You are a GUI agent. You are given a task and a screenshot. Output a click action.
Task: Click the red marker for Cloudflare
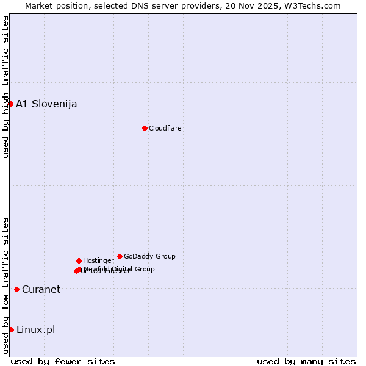[145, 128]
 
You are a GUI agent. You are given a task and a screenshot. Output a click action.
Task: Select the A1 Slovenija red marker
[10, 104]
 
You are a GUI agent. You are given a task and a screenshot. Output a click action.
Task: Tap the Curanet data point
[16, 289]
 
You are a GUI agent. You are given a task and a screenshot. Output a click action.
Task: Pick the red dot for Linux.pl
[11, 329]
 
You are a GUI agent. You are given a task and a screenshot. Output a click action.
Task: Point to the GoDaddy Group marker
[120, 256]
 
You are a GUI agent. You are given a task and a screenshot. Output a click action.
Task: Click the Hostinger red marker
[79, 260]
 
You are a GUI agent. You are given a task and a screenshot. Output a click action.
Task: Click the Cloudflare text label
[165, 128]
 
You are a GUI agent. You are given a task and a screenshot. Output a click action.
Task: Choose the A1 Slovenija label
[46, 104]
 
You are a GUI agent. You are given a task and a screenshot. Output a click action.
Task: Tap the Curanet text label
[41, 289]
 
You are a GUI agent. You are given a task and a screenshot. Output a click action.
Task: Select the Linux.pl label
[35, 330]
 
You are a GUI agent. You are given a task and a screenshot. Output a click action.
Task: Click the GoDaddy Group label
[149, 256]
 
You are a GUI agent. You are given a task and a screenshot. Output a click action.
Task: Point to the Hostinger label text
[98, 260]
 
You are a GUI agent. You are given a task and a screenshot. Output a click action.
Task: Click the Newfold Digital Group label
[120, 268]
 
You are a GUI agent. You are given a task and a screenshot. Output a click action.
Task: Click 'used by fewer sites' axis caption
[63, 361]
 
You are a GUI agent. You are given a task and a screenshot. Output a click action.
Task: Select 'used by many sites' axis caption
[306, 361]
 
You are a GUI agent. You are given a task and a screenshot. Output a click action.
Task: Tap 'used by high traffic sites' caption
[5, 87]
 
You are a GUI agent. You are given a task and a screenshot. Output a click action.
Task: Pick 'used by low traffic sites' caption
[5, 285]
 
